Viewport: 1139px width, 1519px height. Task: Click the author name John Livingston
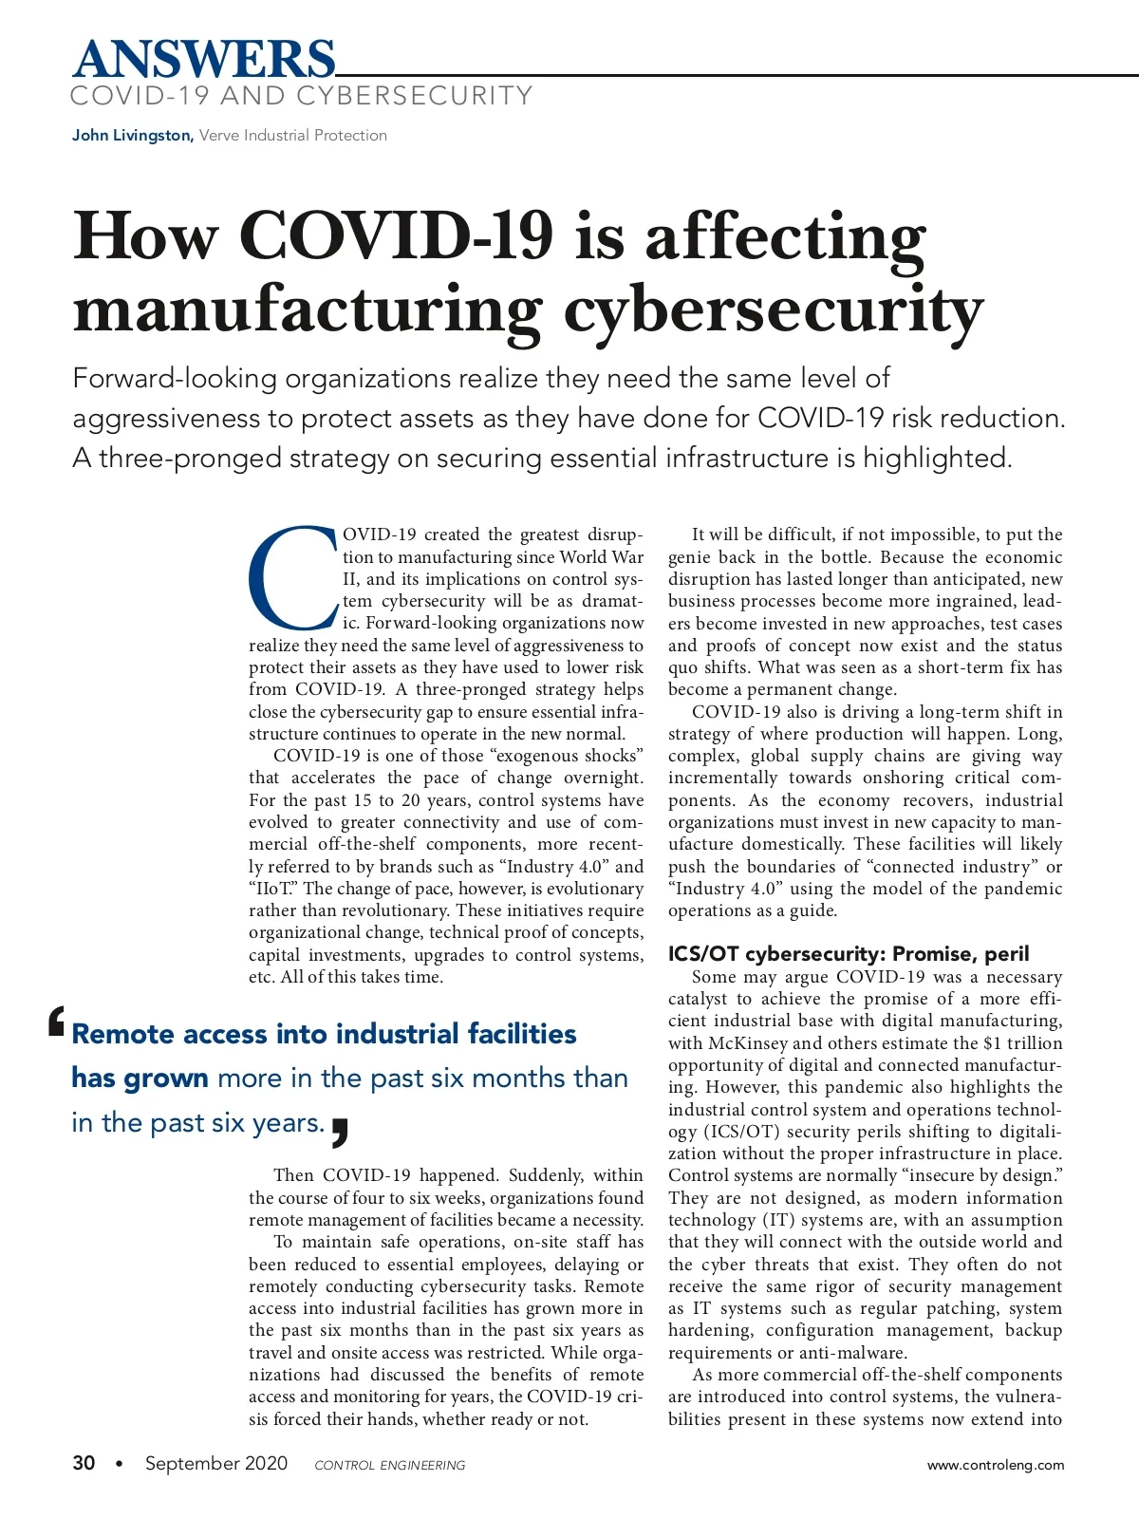coord(132,136)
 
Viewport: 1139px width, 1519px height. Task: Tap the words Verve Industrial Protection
coord(293,136)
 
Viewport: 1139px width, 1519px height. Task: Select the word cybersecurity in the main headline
coord(774,311)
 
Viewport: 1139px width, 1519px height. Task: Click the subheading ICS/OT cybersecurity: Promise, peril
coord(849,954)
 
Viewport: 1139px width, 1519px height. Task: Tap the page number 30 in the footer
coord(84,1463)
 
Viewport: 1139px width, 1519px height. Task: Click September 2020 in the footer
coord(216,1463)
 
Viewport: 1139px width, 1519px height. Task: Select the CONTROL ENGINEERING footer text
coord(390,1465)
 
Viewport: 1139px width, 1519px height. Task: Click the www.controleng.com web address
coord(996,1465)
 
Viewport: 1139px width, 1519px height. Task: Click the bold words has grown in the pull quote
coord(140,1078)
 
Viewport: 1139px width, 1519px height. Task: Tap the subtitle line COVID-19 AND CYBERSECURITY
coord(302,97)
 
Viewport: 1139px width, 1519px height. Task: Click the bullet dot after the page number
coord(119,1464)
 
